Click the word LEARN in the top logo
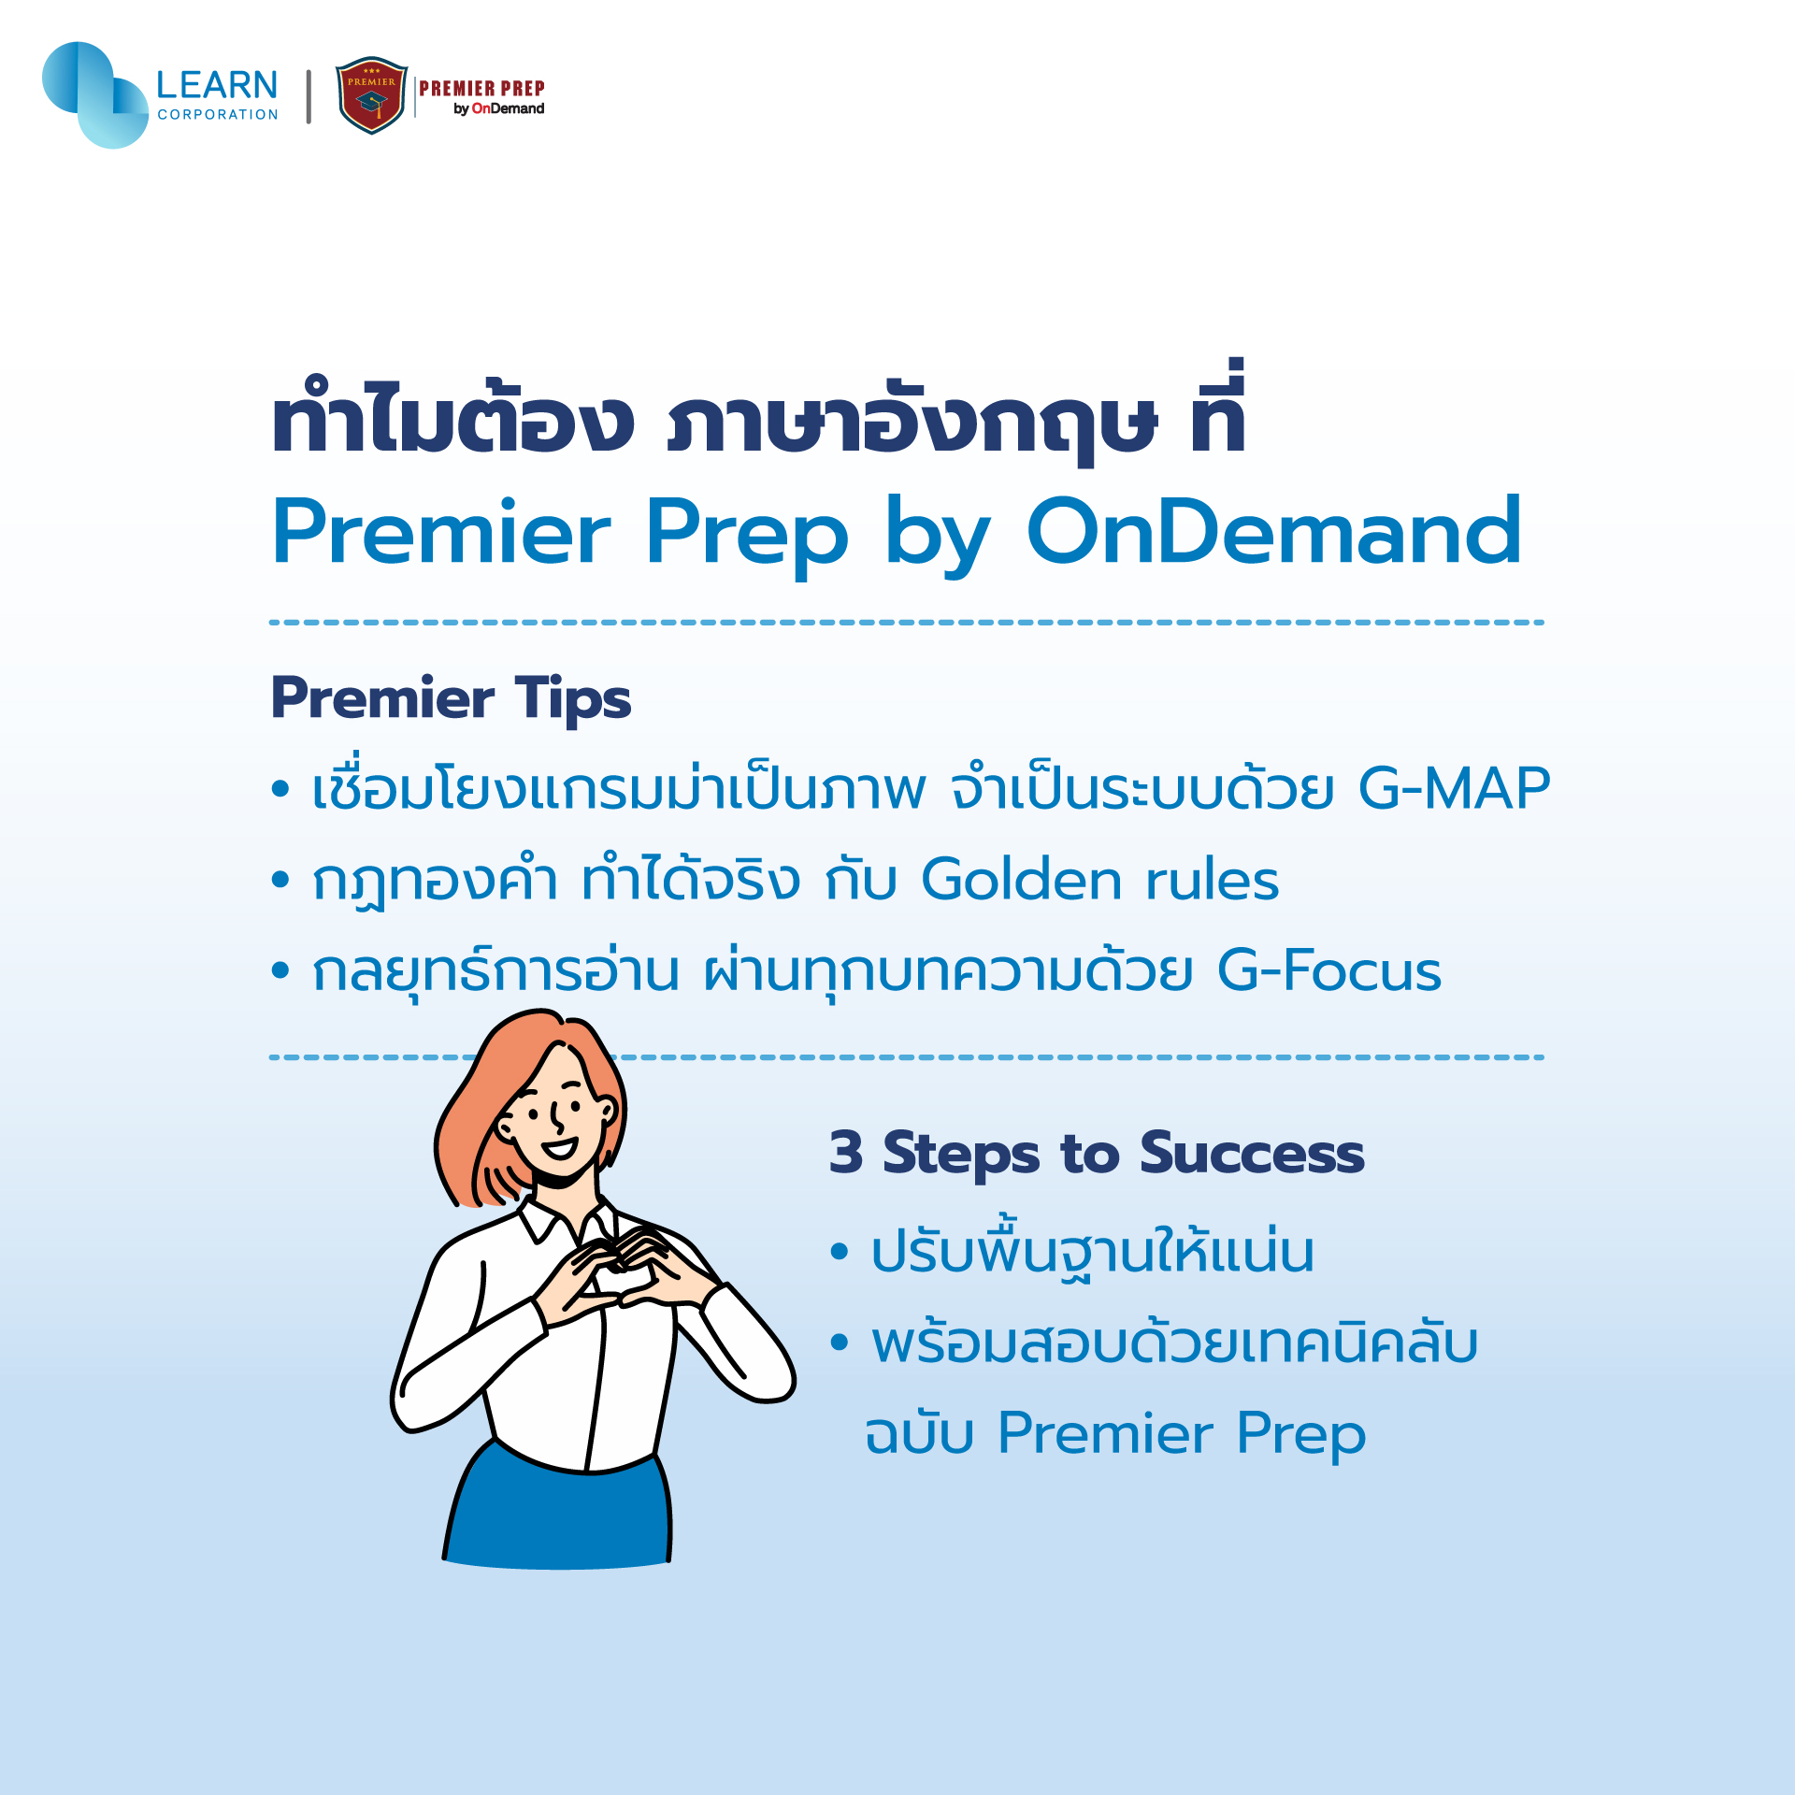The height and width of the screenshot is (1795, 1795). click(x=217, y=85)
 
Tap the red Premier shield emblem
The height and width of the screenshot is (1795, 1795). click(x=371, y=95)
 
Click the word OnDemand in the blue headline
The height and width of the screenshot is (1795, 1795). click(x=1274, y=532)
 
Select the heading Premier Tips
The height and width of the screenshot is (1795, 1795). click(x=451, y=698)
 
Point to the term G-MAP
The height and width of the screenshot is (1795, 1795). click(x=1454, y=787)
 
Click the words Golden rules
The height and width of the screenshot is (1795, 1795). click(x=1100, y=879)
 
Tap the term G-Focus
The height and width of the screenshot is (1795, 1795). click(x=1329, y=969)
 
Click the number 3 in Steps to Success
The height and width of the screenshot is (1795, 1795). click(x=846, y=1152)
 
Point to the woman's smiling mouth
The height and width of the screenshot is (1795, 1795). click(x=560, y=1148)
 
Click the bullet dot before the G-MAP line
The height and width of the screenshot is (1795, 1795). click(x=280, y=788)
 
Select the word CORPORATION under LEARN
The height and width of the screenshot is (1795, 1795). click(x=218, y=115)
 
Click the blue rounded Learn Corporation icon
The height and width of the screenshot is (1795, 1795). click(x=95, y=94)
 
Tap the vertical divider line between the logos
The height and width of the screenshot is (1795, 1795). click(x=309, y=96)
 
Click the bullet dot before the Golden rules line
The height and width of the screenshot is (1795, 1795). click(x=280, y=879)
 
